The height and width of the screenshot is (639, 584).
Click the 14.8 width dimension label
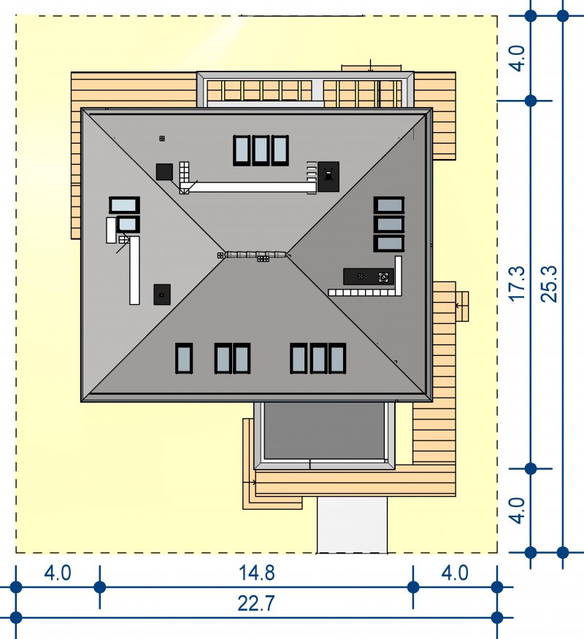click(x=256, y=573)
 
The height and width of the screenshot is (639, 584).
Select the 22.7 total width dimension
click(x=256, y=603)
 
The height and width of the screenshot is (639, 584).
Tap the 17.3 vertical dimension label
click(x=518, y=284)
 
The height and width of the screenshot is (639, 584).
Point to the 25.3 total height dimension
click(x=549, y=284)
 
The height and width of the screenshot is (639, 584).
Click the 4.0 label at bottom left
click(x=58, y=573)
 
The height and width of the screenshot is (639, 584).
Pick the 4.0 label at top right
click(x=518, y=58)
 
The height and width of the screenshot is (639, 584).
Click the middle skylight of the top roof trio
click(x=261, y=150)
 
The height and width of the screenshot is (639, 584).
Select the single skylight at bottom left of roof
click(x=184, y=358)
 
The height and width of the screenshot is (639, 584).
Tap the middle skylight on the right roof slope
click(x=389, y=225)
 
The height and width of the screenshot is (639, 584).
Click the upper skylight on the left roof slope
click(x=124, y=205)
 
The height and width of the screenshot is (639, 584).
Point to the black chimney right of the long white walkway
click(x=328, y=177)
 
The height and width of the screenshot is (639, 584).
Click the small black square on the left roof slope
click(x=162, y=294)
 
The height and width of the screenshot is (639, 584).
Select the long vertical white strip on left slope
click(x=134, y=270)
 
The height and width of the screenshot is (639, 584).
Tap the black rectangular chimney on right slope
click(x=369, y=276)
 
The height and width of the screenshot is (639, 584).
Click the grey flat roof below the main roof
click(x=324, y=431)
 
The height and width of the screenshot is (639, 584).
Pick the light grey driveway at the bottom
click(x=353, y=524)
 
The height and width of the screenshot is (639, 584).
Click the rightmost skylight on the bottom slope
click(x=337, y=358)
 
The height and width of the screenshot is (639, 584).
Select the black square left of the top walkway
click(x=164, y=171)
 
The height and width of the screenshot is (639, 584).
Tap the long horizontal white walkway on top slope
click(x=253, y=187)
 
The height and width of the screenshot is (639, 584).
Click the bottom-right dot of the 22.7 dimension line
click(x=497, y=618)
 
